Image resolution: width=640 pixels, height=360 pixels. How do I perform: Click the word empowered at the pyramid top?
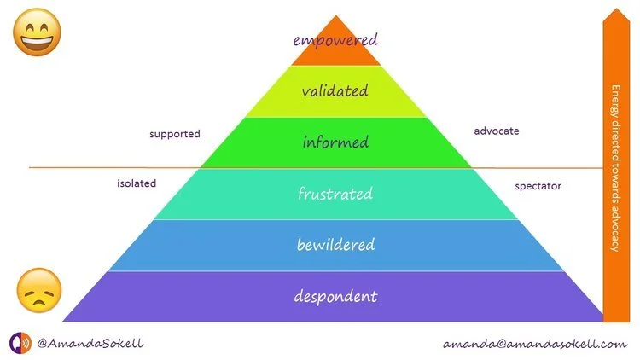(x=335, y=39)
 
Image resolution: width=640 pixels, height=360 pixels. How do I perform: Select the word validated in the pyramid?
(x=335, y=90)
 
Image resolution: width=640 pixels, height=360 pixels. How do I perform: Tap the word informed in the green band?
(x=335, y=141)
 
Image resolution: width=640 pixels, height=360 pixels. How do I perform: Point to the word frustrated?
(x=335, y=194)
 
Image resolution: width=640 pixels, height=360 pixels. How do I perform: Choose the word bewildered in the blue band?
(x=335, y=245)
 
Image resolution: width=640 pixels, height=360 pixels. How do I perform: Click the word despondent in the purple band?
(x=335, y=297)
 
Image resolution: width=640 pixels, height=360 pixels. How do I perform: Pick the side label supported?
(x=174, y=134)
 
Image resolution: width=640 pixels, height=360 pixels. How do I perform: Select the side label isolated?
(x=137, y=183)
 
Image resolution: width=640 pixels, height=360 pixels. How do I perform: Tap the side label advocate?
(x=496, y=131)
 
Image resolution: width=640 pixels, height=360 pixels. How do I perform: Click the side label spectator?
(x=538, y=185)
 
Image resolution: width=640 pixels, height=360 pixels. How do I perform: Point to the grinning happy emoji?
(x=34, y=35)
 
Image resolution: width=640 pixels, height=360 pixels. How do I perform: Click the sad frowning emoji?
(x=39, y=291)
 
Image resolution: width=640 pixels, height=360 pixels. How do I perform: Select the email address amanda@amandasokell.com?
(x=535, y=344)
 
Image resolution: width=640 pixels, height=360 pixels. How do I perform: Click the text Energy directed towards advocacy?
(x=615, y=166)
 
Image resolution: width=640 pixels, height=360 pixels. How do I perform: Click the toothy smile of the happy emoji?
(x=34, y=43)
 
